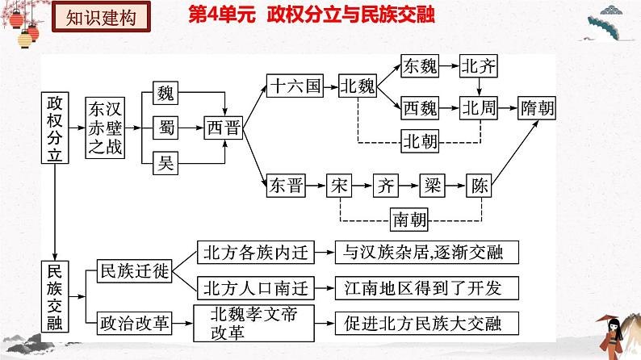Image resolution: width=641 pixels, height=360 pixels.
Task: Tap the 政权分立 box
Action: coord(54,129)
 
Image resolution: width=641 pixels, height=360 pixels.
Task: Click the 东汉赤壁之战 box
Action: coord(107,129)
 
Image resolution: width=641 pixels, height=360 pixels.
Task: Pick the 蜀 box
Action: coord(165,128)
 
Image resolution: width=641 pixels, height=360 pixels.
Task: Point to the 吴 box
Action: coord(165,165)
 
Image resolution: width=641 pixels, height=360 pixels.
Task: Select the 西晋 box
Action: coord(223,128)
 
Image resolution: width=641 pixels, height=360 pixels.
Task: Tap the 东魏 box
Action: coord(420,66)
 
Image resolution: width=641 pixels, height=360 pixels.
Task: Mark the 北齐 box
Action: coord(477,66)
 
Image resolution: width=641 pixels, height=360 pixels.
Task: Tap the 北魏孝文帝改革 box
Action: coord(254,323)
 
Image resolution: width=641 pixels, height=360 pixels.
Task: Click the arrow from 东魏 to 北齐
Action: coord(449,66)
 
